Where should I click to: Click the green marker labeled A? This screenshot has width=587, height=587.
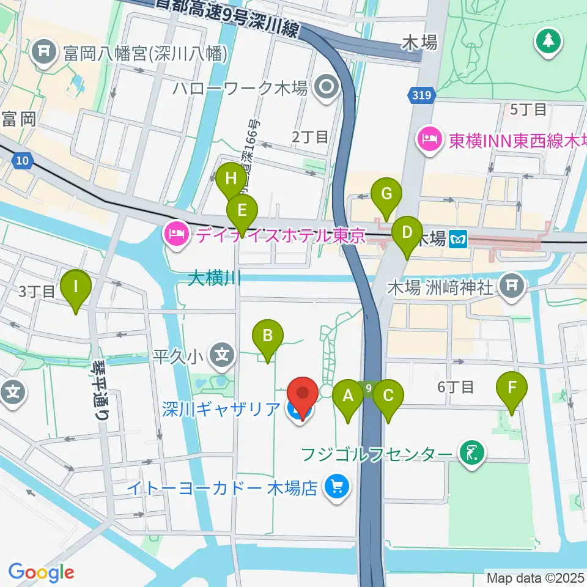[x=349, y=396]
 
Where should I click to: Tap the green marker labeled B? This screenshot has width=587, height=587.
[x=267, y=335]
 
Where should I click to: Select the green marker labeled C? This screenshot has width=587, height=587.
[x=388, y=396]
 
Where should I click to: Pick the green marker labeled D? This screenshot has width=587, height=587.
[x=407, y=233]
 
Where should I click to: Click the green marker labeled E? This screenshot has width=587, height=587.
[x=242, y=212]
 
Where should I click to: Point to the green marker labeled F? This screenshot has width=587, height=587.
[x=512, y=388]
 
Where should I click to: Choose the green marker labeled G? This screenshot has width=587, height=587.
[x=386, y=194]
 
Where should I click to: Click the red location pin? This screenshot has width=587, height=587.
[x=303, y=391]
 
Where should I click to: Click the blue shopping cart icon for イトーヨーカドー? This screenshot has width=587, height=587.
[x=336, y=487]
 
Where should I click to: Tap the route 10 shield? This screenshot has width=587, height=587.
[x=22, y=161]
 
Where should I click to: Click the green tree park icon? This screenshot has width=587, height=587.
[x=548, y=42]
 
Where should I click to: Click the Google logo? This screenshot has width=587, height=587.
[x=41, y=572]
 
